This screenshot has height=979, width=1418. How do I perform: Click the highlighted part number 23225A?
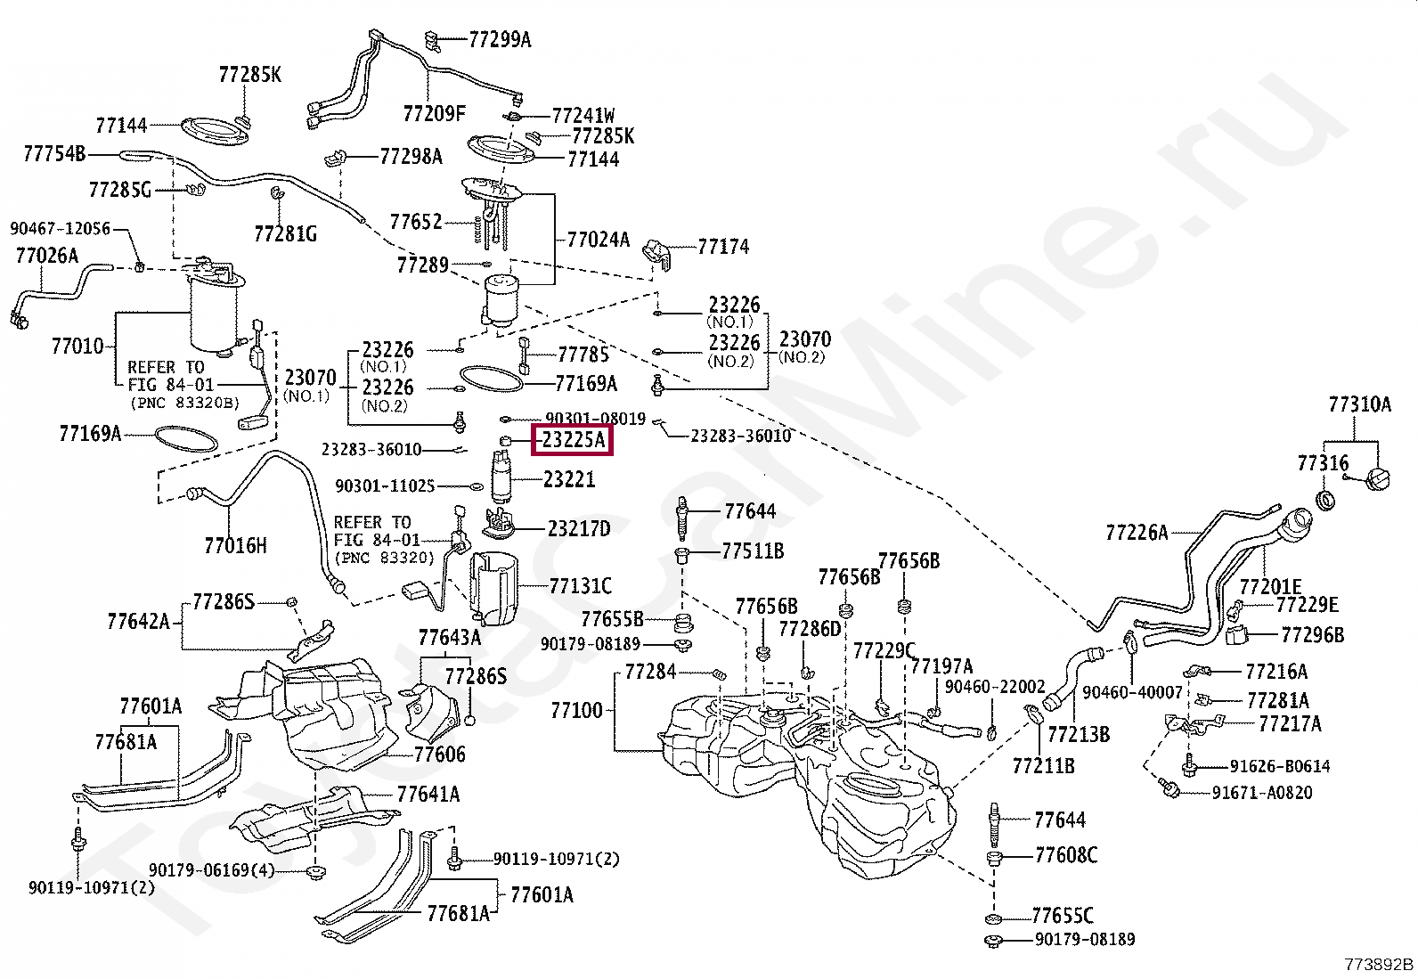point(573,439)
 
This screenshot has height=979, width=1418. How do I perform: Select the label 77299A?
point(499,39)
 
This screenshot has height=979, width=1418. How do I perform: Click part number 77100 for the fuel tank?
point(576,710)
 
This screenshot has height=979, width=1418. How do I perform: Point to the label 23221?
point(569,479)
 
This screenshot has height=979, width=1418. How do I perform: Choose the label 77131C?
point(580,585)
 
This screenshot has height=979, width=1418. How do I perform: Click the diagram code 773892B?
point(1378,964)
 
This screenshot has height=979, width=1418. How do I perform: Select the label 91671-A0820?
point(1261,792)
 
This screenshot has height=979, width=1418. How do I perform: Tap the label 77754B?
point(54,153)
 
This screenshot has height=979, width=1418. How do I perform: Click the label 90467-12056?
point(61,228)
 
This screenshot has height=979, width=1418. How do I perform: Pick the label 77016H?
point(235,545)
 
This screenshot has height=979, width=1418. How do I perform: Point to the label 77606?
point(439,754)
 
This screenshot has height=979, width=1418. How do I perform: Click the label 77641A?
point(428,794)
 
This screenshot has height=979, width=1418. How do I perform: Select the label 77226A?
point(1136,533)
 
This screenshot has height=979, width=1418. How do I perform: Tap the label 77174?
point(723,246)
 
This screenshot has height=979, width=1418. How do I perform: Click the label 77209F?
point(434,113)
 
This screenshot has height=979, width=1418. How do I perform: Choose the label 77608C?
point(1065,855)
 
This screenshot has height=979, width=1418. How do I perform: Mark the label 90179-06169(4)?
point(212,869)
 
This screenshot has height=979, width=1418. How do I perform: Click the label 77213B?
point(1078,734)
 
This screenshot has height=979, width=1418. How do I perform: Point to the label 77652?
point(416,221)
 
